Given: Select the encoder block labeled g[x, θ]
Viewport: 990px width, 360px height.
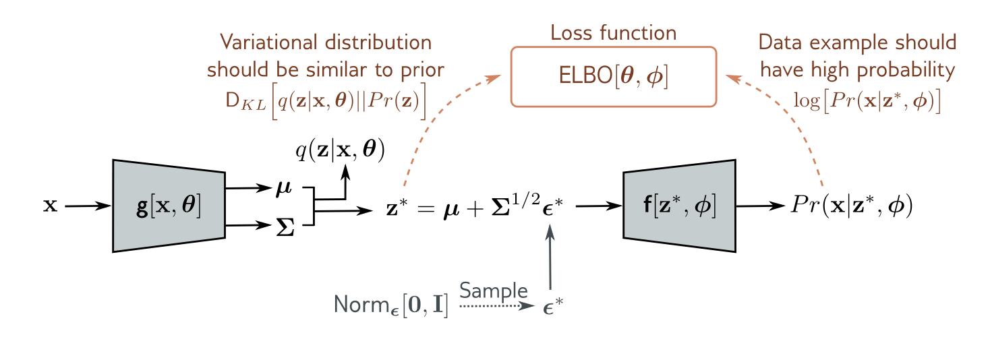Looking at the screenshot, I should (x=168, y=206).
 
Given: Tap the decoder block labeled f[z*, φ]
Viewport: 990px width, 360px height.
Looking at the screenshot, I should (x=678, y=206).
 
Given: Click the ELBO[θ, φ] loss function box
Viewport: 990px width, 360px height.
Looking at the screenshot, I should (x=612, y=76).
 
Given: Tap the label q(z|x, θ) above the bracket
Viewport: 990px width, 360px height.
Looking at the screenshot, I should (x=341, y=151).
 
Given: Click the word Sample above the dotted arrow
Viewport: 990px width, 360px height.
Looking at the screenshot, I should (x=494, y=291).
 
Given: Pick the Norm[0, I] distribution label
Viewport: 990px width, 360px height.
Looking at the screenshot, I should (x=390, y=307).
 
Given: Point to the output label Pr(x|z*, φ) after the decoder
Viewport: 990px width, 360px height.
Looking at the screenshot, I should (x=851, y=206).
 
